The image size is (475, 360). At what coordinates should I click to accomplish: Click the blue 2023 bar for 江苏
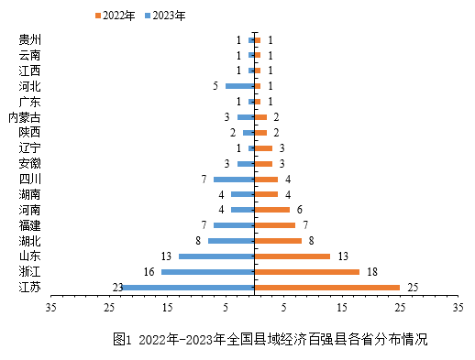[188, 288]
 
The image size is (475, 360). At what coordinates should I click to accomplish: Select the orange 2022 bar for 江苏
[326, 288]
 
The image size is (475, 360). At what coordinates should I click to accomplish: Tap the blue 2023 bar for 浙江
[208, 272]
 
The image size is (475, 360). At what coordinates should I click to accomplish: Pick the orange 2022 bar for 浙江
[306, 272]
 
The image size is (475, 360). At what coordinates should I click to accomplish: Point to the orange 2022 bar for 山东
[292, 256]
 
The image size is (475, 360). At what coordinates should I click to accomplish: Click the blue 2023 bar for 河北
[239, 86]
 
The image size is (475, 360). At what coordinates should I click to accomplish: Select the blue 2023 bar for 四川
[234, 179]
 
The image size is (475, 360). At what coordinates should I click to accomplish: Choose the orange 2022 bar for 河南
[271, 210]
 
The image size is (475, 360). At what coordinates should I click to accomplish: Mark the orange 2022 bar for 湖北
[277, 241]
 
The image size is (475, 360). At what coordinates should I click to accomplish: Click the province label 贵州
[29, 40]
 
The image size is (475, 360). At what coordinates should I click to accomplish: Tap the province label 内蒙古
[24, 117]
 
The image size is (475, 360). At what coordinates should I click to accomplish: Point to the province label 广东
[29, 102]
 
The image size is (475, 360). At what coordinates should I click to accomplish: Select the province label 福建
[29, 225]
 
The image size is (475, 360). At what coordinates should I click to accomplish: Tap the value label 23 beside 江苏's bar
[117, 288]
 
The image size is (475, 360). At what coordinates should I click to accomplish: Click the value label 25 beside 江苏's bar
[413, 288]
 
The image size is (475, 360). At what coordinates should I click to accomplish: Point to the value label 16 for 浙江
[149, 272]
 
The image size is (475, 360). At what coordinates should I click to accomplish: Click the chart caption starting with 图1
[271, 340]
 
